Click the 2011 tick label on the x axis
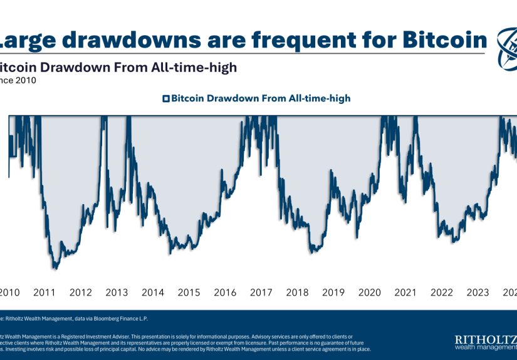pos(44,292)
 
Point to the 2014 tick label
pos(153,292)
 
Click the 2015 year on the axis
pos(189,292)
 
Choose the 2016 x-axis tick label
pos(225,292)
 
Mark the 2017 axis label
pos(261,292)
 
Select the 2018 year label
pos(297,292)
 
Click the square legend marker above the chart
pos(166,98)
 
